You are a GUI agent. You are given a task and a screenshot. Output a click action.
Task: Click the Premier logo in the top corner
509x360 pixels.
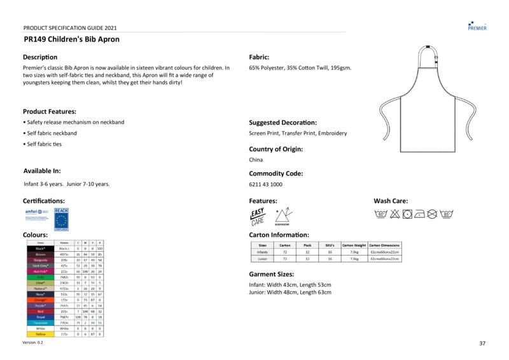click(477, 25)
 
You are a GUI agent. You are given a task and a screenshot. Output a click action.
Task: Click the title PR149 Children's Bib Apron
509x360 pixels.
click(71, 39)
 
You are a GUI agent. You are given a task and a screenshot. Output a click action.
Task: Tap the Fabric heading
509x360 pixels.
click(259, 57)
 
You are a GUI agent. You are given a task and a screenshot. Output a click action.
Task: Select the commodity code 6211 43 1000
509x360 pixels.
click(265, 184)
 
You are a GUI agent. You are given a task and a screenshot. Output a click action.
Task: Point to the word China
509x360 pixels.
click(256, 160)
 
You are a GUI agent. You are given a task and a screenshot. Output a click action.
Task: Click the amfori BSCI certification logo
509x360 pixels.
click(36, 214)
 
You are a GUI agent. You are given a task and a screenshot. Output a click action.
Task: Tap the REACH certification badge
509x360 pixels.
click(62, 219)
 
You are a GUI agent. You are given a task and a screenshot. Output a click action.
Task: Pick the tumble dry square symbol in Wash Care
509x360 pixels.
click(407, 215)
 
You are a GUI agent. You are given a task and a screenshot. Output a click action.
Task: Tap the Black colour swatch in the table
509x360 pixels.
click(40, 248)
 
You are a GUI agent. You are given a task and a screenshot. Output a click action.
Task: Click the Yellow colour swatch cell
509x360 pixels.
click(40, 334)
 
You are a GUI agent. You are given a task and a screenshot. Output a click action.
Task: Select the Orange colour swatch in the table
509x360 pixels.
click(40, 300)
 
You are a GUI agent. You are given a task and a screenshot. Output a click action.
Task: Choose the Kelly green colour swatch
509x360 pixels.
click(40, 277)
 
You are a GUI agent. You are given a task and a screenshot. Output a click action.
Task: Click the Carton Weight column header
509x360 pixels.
click(354, 245)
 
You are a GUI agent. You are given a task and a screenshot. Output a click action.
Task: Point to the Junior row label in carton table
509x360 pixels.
click(262, 259)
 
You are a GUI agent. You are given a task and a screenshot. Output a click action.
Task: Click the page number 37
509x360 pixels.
click(482, 343)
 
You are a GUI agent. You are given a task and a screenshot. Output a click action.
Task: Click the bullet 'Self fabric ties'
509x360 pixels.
click(45, 144)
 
